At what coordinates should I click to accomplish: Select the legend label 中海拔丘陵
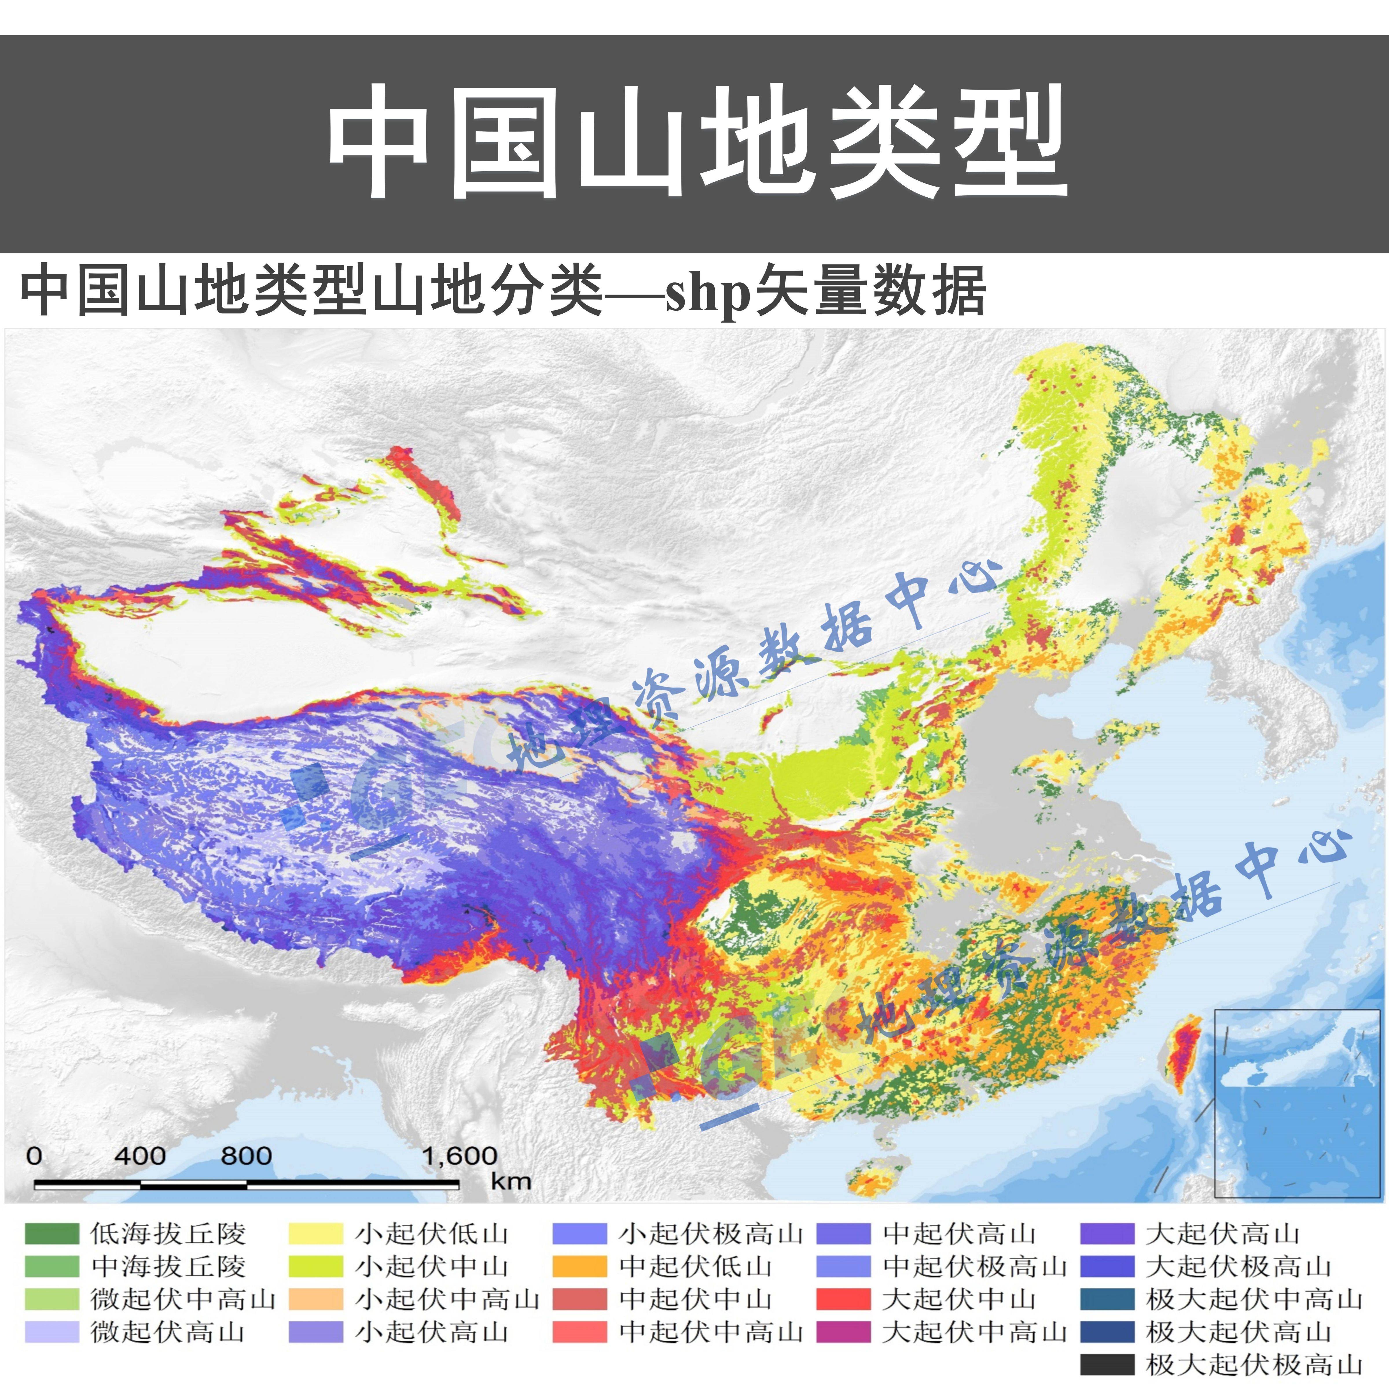tap(168, 1267)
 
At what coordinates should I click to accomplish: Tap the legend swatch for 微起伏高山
tap(51, 1332)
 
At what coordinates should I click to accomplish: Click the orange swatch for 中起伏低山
tap(579, 1267)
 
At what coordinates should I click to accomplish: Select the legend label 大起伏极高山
tap(1238, 1267)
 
